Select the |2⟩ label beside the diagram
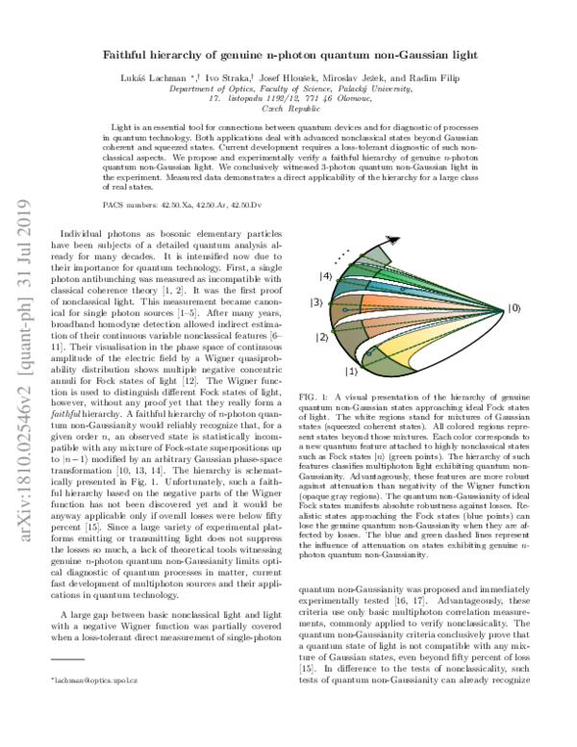tap(321, 338)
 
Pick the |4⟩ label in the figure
tap(326, 277)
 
